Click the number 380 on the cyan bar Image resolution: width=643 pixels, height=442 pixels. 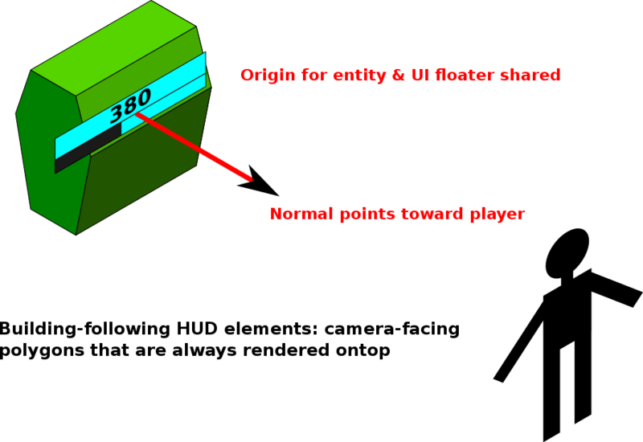(130, 103)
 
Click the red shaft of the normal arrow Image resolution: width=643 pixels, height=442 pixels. (193, 145)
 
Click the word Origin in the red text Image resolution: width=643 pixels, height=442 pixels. (264, 76)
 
